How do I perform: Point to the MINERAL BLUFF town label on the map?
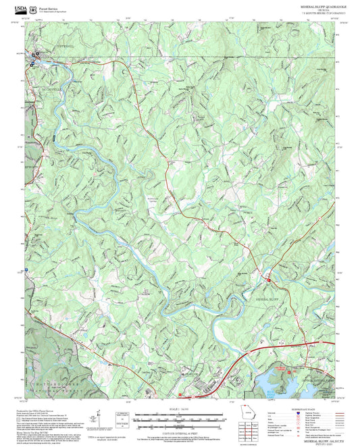pos(267,297)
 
